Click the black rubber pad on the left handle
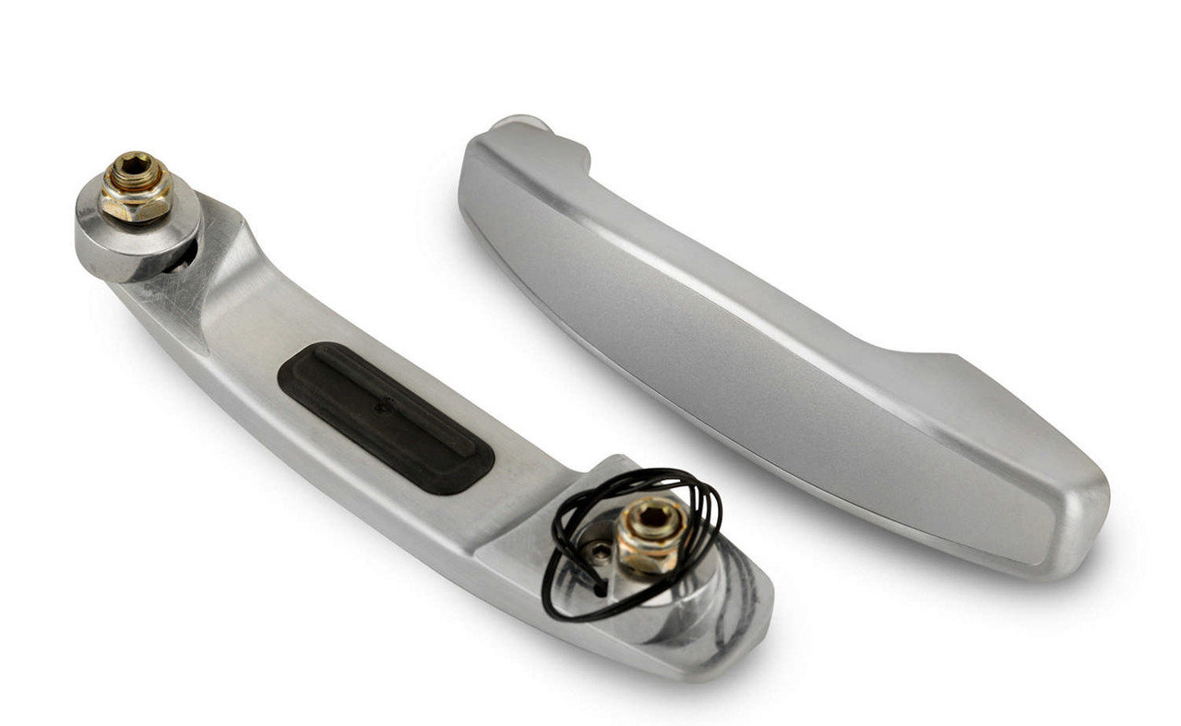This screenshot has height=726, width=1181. pyautogui.click(x=386, y=417)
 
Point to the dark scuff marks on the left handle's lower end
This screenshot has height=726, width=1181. pyautogui.click(x=738, y=590)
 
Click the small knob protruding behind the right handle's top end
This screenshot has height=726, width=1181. pyautogui.click(x=521, y=124)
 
